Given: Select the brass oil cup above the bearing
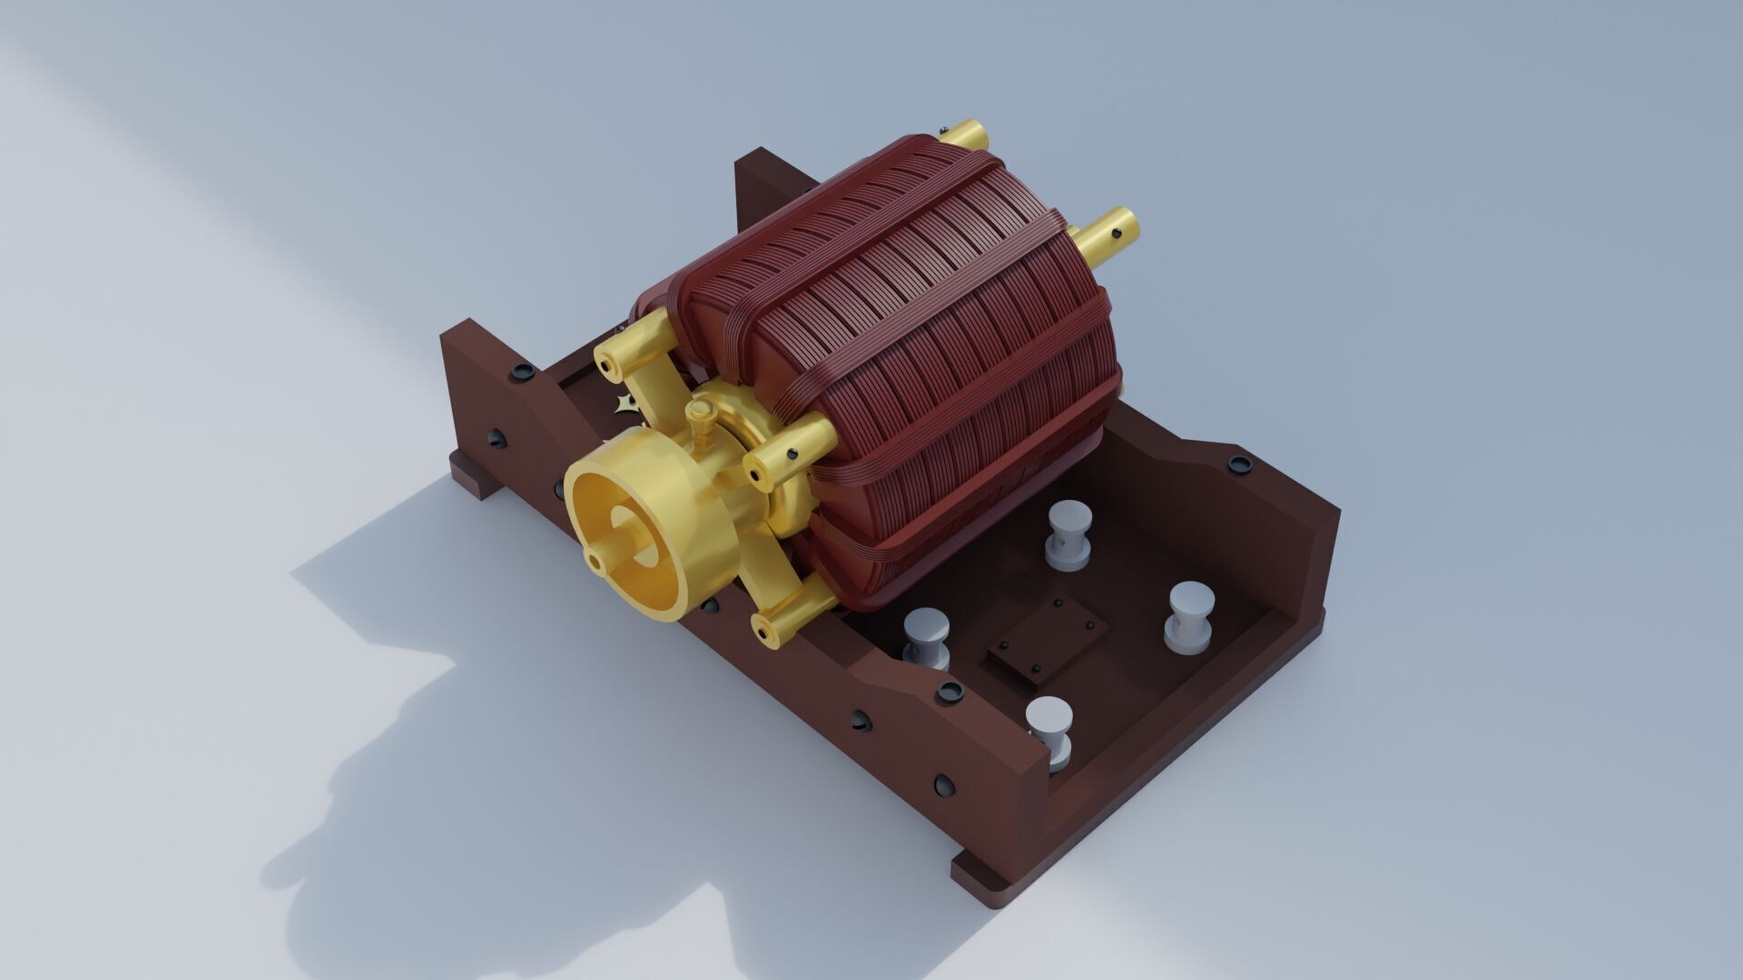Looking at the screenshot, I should tap(699, 420).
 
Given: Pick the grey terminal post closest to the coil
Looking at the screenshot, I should tap(1068, 534).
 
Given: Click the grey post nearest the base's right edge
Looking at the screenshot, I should tap(1190, 617).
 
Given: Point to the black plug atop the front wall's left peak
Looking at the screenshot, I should tap(523, 372).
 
